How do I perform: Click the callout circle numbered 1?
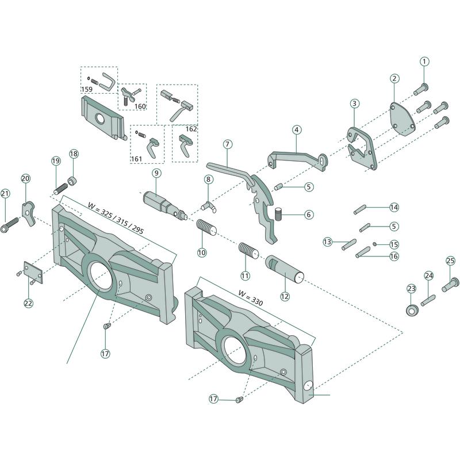(x=424, y=61)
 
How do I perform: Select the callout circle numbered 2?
(x=394, y=78)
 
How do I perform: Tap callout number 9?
(x=157, y=172)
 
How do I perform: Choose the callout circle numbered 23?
(x=411, y=288)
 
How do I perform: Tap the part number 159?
(x=87, y=90)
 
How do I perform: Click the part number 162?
(x=191, y=129)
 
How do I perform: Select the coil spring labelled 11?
(x=247, y=251)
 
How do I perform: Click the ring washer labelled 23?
(x=411, y=310)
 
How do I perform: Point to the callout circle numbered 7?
(x=228, y=143)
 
